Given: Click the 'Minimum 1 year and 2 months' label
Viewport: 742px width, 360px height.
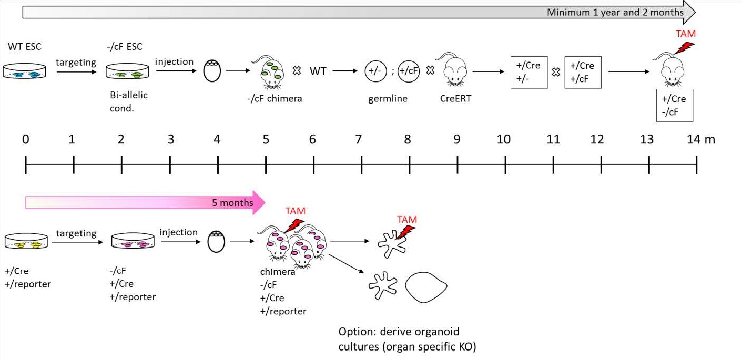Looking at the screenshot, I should point(615,12).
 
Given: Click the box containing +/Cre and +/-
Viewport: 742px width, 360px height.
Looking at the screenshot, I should point(529,72).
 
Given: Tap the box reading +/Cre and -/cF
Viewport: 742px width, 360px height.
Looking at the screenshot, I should point(675,105).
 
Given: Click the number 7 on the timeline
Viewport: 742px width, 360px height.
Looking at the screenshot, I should point(359,139).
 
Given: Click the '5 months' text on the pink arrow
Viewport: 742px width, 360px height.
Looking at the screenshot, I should point(232,202).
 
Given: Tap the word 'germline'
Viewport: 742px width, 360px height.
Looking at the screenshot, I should point(388,98).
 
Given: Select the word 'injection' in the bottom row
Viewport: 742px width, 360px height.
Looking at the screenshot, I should point(179,232).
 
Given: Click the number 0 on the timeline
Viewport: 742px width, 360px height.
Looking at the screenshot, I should point(26,139).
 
